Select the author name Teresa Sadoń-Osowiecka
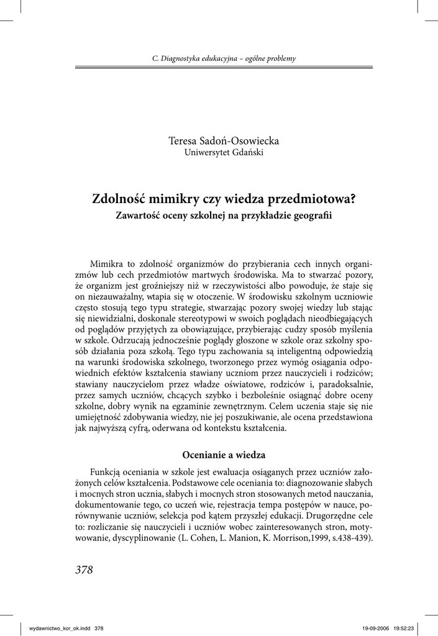[x=224, y=142]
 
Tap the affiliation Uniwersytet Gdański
[x=224, y=153]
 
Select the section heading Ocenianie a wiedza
[x=224, y=455]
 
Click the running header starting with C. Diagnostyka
[x=224, y=59]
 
